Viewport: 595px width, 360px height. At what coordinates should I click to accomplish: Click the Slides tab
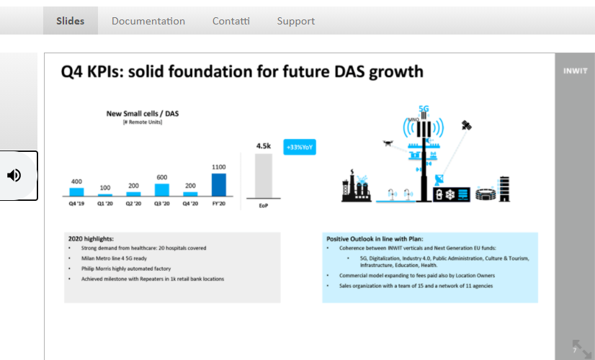(x=70, y=21)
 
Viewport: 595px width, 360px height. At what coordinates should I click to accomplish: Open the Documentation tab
(x=148, y=21)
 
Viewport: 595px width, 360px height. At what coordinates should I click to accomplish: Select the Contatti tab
(x=231, y=21)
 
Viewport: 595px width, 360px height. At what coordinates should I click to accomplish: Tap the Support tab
(x=296, y=22)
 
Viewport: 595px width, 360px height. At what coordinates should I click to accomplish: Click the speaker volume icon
(x=14, y=175)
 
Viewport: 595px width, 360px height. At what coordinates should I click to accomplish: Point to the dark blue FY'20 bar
(x=218, y=185)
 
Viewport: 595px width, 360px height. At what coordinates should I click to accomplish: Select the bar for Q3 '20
(x=162, y=189)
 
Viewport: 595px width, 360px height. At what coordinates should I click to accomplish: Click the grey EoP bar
(x=264, y=176)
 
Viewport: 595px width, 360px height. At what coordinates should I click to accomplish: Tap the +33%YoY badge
(x=300, y=147)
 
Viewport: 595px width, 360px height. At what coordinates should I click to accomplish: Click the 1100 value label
(x=218, y=167)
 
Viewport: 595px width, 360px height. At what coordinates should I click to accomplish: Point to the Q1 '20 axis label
(x=105, y=204)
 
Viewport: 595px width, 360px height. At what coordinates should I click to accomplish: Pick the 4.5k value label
(x=264, y=146)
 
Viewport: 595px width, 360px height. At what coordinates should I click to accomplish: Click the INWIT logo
(x=576, y=71)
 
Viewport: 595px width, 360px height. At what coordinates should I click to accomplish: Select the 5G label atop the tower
(x=424, y=109)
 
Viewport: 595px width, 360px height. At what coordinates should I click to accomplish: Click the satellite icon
(x=466, y=125)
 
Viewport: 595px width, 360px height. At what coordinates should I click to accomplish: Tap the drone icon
(x=388, y=143)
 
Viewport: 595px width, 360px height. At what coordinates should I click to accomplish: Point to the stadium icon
(x=486, y=194)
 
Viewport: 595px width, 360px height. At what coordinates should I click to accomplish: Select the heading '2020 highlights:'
(x=91, y=239)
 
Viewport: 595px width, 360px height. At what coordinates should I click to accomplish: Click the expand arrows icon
(x=582, y=349)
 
